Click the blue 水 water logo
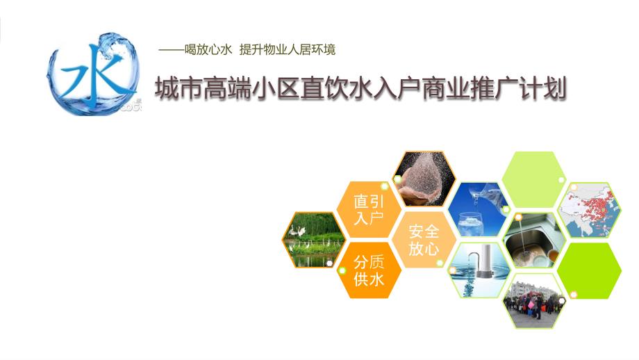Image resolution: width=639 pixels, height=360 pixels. (94, 74)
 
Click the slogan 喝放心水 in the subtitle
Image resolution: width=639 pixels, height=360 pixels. (208, 50)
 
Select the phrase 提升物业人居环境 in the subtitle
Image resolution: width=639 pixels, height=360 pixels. (288, 50)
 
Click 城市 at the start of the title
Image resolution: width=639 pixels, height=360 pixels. (179, 88)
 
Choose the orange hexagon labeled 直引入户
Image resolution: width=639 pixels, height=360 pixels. (368, 210)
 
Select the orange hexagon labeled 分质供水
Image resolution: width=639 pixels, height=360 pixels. (368, 270)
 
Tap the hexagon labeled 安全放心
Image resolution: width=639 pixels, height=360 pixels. (424, 240)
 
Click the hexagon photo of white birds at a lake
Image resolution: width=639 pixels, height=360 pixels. (313, 240)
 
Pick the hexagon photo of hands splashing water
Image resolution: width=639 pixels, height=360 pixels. (424, 179)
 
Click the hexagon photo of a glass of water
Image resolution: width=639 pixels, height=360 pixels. (479, 210)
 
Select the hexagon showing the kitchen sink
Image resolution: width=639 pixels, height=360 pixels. (534, 240)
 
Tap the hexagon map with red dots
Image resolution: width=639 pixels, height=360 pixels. (589, 210)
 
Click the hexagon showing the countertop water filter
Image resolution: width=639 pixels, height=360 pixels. (479, 270)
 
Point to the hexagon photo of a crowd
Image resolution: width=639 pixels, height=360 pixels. (534, 301)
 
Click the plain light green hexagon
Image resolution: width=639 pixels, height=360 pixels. (534, 179)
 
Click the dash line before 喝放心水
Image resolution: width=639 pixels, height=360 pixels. (171, 50)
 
